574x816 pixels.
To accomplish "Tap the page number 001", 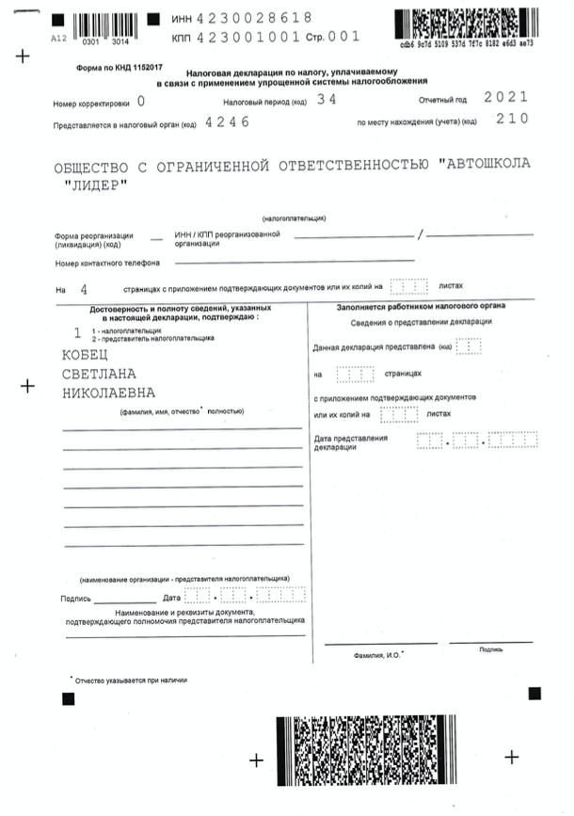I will click(343, 39).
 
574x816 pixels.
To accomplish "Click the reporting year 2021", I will click(505, 97).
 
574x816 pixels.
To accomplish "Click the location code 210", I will click(511, 120).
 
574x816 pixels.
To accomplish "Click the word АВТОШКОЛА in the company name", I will click(485, 164).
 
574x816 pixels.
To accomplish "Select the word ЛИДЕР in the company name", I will click(93, 184).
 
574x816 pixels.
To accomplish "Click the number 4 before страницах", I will click(85, 287).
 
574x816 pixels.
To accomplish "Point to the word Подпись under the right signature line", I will click(491, 649).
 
